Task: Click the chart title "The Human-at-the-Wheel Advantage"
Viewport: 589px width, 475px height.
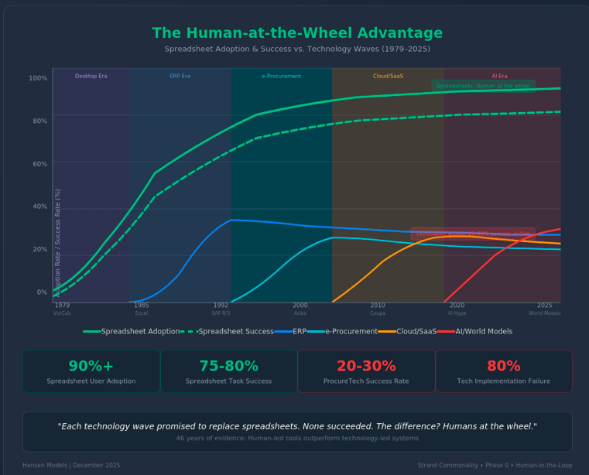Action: click(297, 34)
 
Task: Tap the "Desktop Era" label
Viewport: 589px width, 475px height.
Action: click(91, 77)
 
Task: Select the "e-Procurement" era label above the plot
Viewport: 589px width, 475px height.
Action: click(281, 77)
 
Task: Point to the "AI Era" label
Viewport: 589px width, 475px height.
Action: click(500, 77)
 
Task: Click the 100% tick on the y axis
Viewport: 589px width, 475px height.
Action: click(38, 78)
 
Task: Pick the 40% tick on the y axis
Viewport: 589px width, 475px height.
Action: click(38, 207)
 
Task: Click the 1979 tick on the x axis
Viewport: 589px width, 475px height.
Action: click(62, 306)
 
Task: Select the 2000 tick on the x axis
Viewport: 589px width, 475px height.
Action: click(300, 306)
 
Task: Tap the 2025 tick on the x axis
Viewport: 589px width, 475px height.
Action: click(545, 306)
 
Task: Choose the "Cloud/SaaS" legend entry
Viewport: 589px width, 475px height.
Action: click(403, 331)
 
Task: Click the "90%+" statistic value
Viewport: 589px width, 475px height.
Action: click(91, 367)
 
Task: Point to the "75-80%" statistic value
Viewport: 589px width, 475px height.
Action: click(229, 367)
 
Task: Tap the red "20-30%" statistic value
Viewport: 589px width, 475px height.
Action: click(367, 367)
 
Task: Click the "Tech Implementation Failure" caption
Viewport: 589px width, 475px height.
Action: click(504, 381)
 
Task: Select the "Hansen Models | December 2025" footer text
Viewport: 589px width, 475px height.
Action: click(71, 465)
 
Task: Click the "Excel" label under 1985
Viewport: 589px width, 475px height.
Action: click(142, 313)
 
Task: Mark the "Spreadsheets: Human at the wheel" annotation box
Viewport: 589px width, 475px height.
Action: click(483, 86)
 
